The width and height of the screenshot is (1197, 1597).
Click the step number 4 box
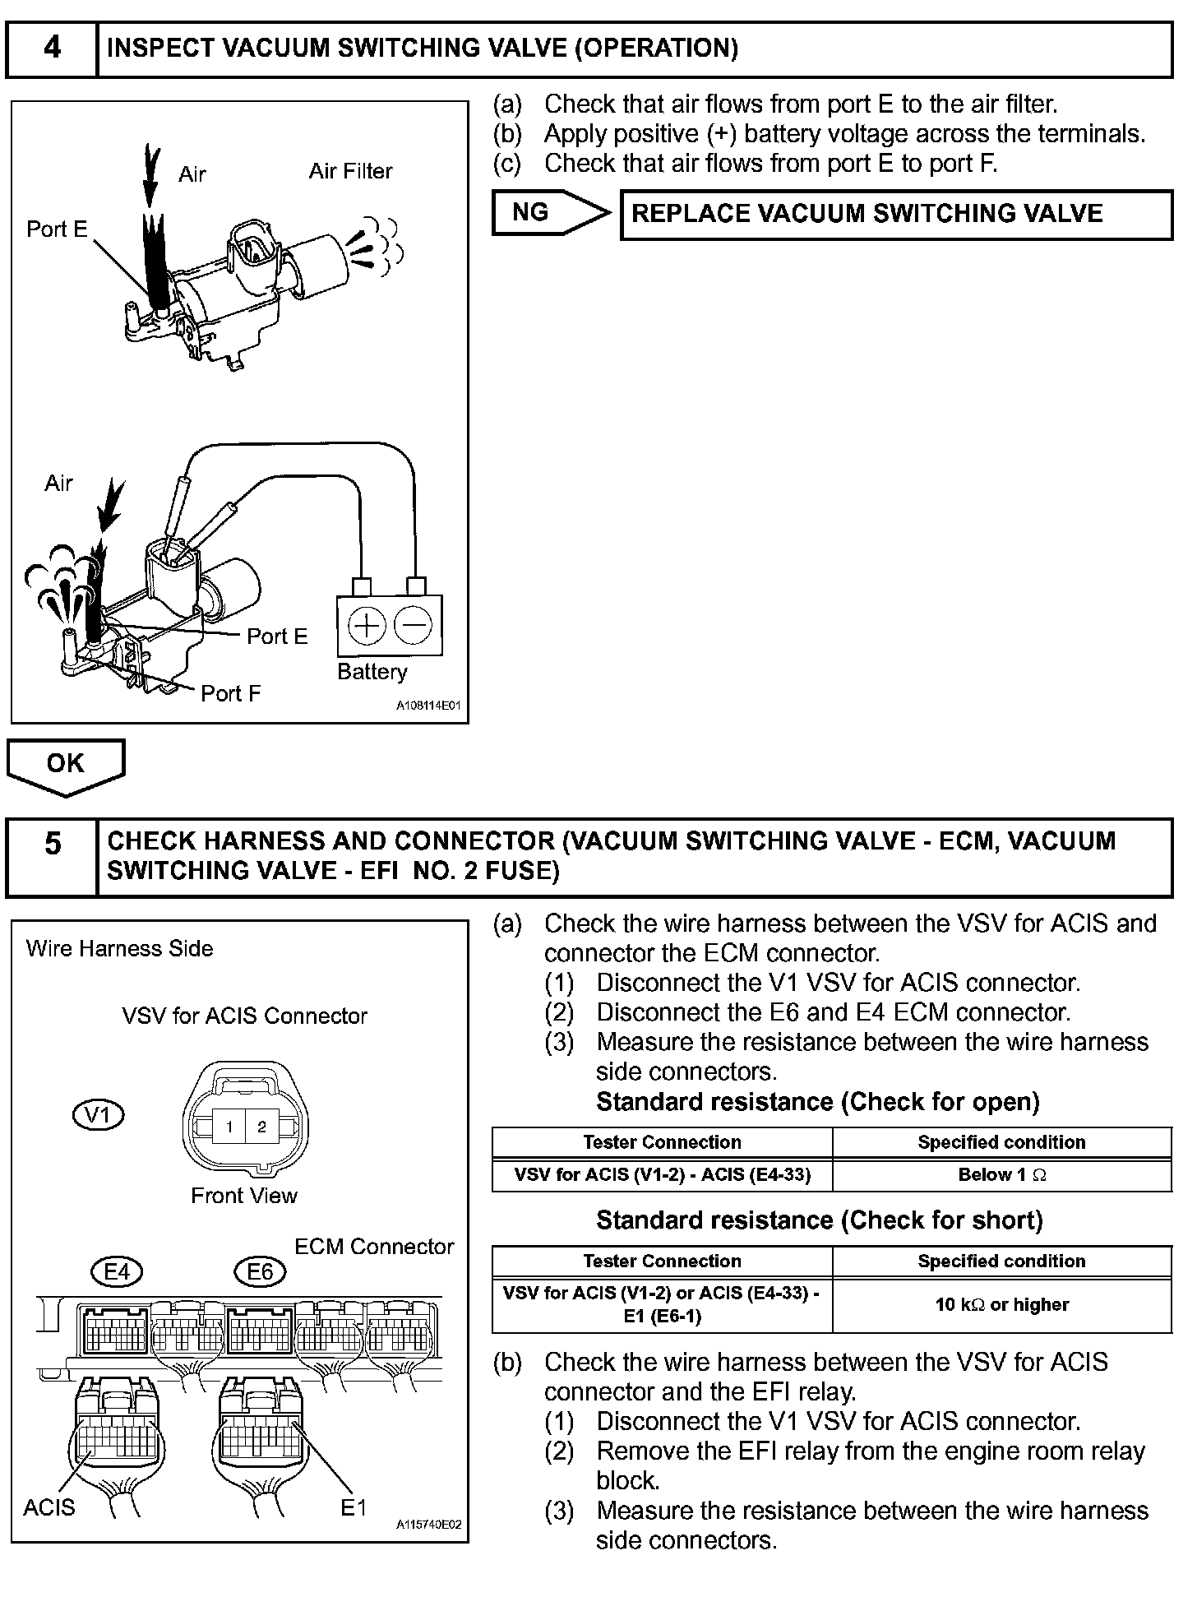point(52,49)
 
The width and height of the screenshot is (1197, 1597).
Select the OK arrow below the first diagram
point(66,765)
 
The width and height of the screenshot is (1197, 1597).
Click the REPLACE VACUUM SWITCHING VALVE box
point(896,214)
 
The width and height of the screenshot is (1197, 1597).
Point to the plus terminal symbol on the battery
point(367,626)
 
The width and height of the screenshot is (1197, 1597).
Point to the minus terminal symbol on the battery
point(413,626)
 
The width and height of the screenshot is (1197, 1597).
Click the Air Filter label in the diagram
point(350,171)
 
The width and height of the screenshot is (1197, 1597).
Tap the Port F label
point(231,693)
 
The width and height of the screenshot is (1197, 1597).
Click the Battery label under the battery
point(372,672)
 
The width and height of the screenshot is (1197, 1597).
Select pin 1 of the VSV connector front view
point(229,1127)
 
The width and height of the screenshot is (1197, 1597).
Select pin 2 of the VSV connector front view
point(261,1127)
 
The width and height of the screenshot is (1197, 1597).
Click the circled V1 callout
point(98,1115)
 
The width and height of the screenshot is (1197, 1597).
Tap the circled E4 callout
point(117,1272)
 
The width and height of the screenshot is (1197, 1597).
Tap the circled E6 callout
point(260,1272)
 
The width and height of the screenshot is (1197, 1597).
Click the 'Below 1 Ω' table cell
point(1001,1175)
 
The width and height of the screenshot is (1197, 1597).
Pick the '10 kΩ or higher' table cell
point(1001,1304)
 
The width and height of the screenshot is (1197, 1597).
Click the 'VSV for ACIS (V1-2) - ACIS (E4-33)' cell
point(662,1175)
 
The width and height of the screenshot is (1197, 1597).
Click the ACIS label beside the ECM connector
point(49,1507)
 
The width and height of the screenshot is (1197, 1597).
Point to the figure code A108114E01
point(428,706)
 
